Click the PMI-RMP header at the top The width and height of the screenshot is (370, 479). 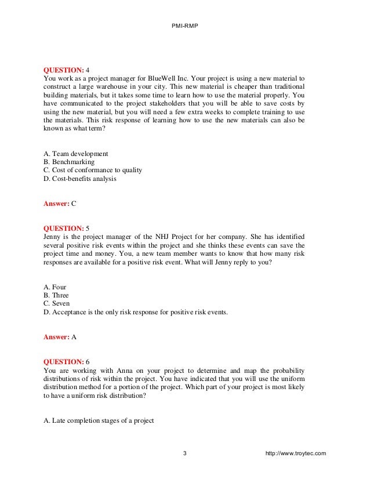click(185, 26)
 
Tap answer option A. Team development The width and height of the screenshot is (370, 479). click(76, 154)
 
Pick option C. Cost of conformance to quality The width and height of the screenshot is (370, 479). click(93, 170)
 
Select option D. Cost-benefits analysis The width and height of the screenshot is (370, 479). click(80, 179)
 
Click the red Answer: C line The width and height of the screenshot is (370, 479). click(60, 204)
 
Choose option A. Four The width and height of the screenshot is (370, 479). click(56, 287)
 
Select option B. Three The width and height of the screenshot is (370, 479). click(57, 295)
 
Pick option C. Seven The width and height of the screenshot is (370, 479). click(57, 303)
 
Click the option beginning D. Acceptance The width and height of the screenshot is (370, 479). click(135, 312)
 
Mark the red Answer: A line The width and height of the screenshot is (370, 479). click(60, 337)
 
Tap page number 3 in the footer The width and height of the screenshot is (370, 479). click(185, 453)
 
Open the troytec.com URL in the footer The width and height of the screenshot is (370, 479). click(295, 453)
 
